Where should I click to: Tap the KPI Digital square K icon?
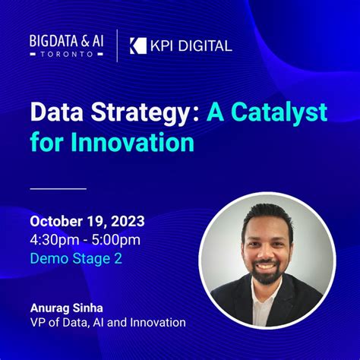click(x=137, y=46)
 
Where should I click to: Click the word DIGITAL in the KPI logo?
click(x=204, y=46)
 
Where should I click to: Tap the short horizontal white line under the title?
click(x=58, y=188)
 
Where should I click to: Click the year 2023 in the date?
click(x=124, y=223)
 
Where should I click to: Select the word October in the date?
click(x=57, y=223)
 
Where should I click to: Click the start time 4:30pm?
click(x=55, y=240)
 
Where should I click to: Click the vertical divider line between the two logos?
click(x=117, y=45)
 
